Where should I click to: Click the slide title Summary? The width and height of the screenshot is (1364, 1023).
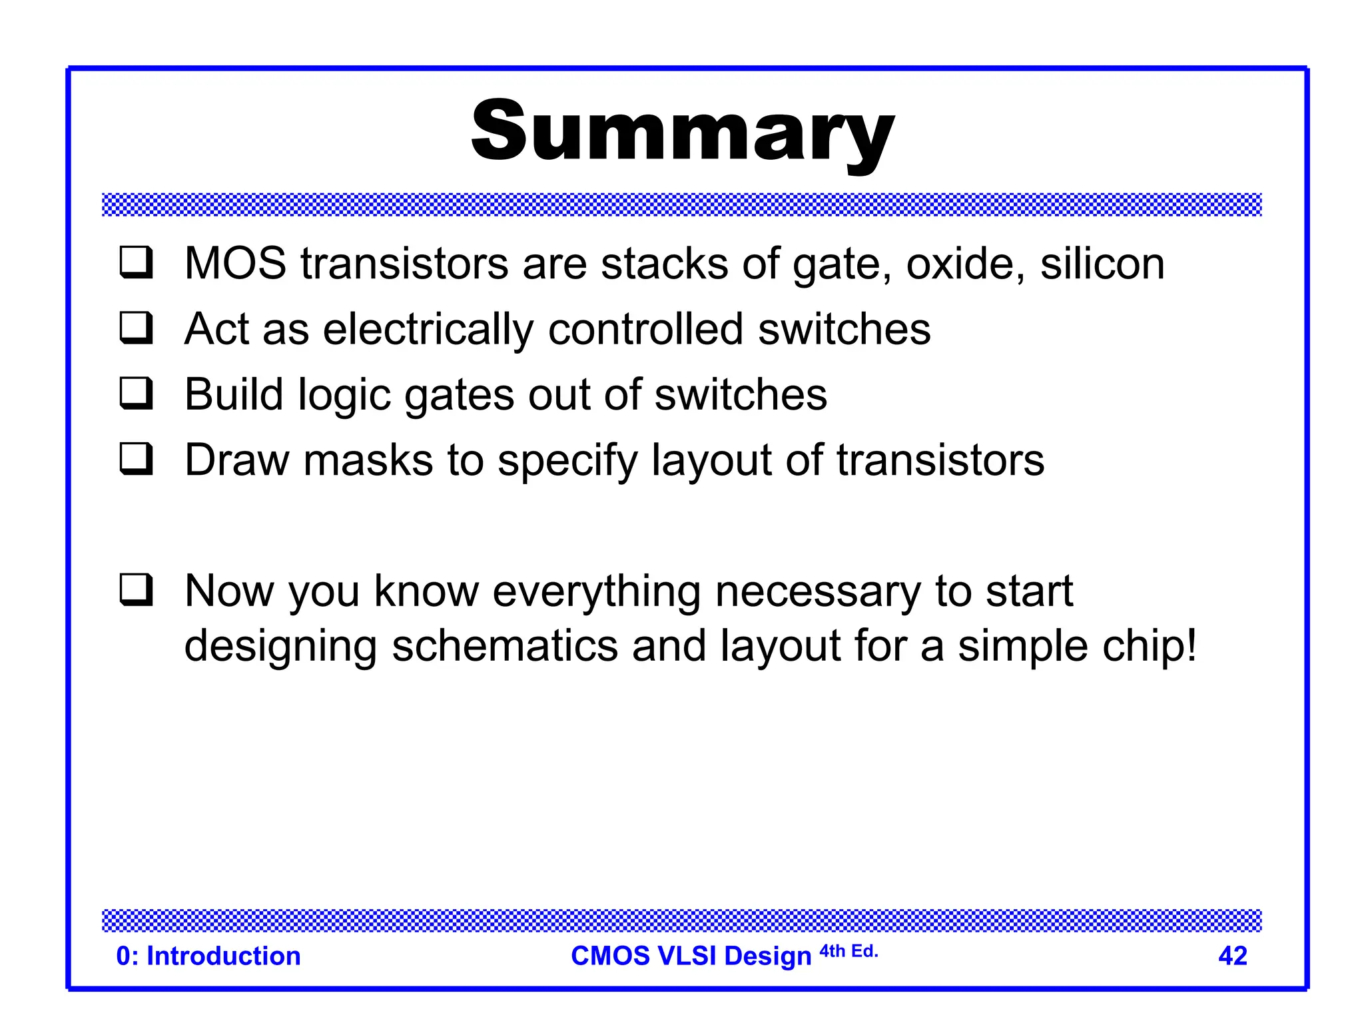click(x=682, y=131)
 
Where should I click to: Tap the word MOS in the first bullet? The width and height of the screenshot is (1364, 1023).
click(x=235, y=264)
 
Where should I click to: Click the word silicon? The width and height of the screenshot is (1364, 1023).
click(x=1102, y=264)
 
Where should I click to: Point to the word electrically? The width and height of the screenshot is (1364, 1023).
click(x=428, y=330)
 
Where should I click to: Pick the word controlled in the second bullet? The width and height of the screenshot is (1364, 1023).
click(x=645, y=329)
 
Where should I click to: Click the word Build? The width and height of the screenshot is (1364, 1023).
click(x=234, y=394)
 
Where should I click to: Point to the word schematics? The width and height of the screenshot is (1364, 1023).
click(x=505, y=647)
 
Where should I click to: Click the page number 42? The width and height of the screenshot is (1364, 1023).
click(x=1232, y=956)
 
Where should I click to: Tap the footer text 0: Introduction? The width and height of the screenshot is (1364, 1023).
click(x=208, y=956)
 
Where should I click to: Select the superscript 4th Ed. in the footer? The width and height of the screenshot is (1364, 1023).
click(x=849, y=951)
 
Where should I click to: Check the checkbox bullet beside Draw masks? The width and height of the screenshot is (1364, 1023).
click(x=137, y=459)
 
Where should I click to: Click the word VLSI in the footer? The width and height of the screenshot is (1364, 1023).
click(x=686, y=956)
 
